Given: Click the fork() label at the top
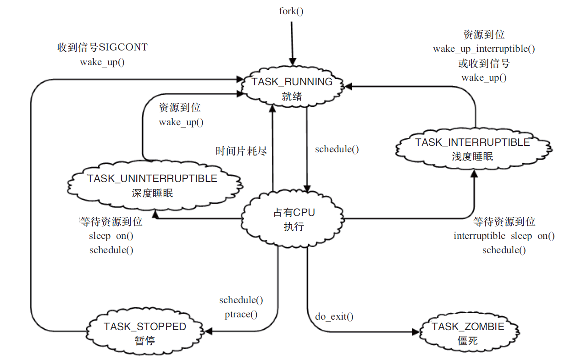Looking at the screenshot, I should (x=291, y=11).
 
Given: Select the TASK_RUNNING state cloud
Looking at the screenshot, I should (x=292, y=89).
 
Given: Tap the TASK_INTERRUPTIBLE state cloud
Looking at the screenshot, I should (x=472, y=149).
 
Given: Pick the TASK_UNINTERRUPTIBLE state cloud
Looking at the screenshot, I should (x=152, y=185).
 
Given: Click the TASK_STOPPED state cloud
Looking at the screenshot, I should (x=145, y=333).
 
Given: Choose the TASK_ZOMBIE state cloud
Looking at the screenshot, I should (x=468, y=333).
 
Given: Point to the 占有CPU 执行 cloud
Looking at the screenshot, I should (x=294, y=219).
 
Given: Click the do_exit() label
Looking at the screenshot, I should (x=334, y=316).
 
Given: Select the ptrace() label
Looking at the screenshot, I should (x=241, y=315).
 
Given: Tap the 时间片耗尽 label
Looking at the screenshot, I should (x=241, y=151).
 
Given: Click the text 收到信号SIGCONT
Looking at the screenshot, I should (x=102, y=48).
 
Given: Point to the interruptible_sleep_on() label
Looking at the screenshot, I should (x=504, y=236).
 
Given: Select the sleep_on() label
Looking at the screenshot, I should (x=111, y=236).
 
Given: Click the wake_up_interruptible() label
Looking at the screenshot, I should (x=484, y=49).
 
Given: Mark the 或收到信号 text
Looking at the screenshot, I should (x=484, y=63).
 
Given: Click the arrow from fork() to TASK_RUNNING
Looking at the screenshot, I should (x=292, y=41).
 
